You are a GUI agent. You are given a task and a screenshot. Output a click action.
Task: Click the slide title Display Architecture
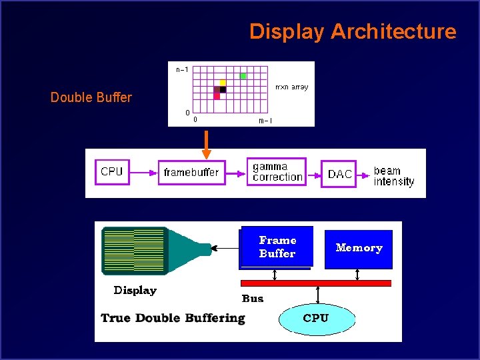353,31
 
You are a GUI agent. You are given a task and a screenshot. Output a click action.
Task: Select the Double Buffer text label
91,97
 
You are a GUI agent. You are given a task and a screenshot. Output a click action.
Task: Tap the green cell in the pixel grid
243,76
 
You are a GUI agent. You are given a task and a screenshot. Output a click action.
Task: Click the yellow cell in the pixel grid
223,83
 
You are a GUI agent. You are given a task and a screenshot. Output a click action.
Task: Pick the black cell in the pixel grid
223,89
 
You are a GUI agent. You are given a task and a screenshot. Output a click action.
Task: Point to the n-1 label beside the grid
182,69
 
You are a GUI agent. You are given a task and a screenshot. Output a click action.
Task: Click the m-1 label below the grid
265,121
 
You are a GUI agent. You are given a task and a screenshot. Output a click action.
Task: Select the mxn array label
291,88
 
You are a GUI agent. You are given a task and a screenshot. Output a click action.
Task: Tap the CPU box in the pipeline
112,172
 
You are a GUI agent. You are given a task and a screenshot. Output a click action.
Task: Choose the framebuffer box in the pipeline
191,173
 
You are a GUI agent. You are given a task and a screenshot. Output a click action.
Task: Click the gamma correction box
277,171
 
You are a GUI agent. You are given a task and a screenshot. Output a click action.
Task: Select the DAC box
339,174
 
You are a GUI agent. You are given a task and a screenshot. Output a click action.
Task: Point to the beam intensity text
393,176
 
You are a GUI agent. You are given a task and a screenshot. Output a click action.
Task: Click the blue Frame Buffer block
277,247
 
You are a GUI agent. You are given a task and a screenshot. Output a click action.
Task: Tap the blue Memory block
359,249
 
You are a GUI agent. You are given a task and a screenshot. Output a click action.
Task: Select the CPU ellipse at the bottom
315,318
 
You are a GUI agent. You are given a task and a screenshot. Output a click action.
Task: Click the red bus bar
315,283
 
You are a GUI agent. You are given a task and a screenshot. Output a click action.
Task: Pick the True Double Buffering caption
173,318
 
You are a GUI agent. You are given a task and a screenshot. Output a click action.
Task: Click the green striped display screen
133,250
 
